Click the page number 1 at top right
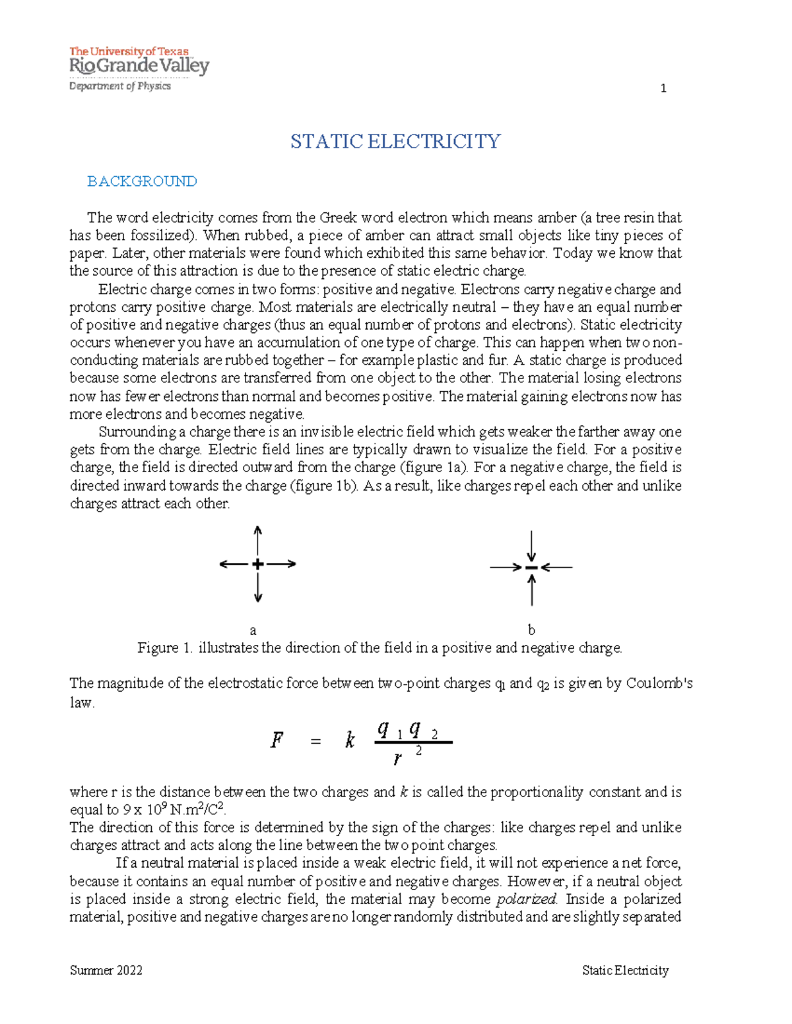663,88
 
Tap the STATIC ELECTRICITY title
395,142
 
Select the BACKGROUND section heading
142,181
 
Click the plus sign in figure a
258,564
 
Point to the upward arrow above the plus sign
258,541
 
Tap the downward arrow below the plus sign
258,587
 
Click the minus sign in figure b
531,567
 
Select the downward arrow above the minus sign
531,547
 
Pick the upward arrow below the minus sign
531,589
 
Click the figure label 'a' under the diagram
253,630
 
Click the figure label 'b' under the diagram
531,630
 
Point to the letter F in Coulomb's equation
277,740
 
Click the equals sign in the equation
315,742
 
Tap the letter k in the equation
350,740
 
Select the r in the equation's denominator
397,759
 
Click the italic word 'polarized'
526,899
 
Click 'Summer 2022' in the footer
106,970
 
